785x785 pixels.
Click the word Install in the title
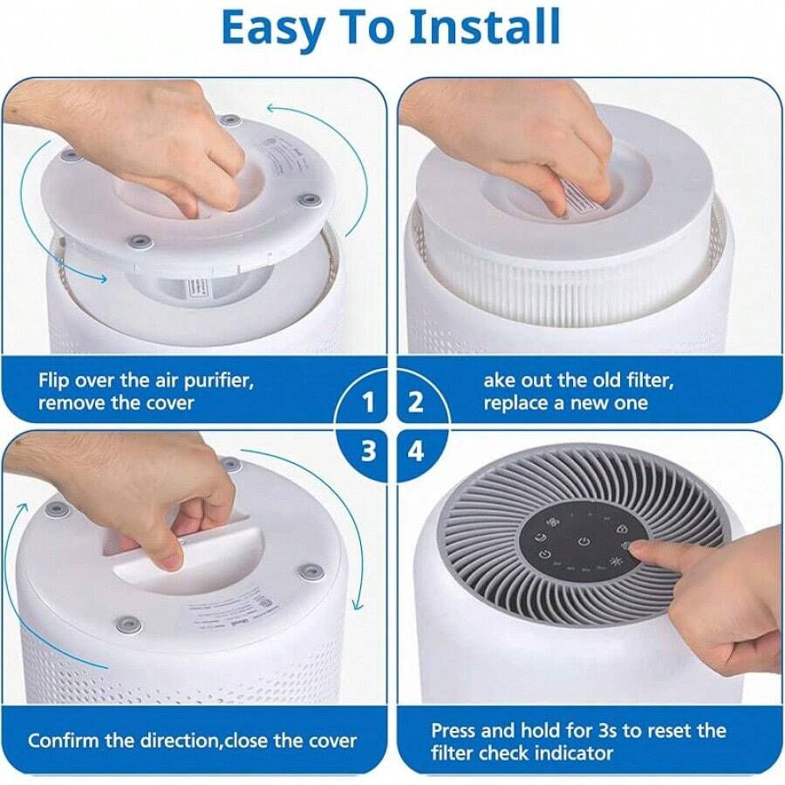pos(484,29)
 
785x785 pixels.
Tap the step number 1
pos(368,402)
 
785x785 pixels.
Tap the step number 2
pos(416,402)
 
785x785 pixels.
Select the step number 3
pos(368,451)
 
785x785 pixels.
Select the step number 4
pos(416,451)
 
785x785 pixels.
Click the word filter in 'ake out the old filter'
pos(646,380)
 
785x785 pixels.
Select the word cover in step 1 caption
pos(169,403)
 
